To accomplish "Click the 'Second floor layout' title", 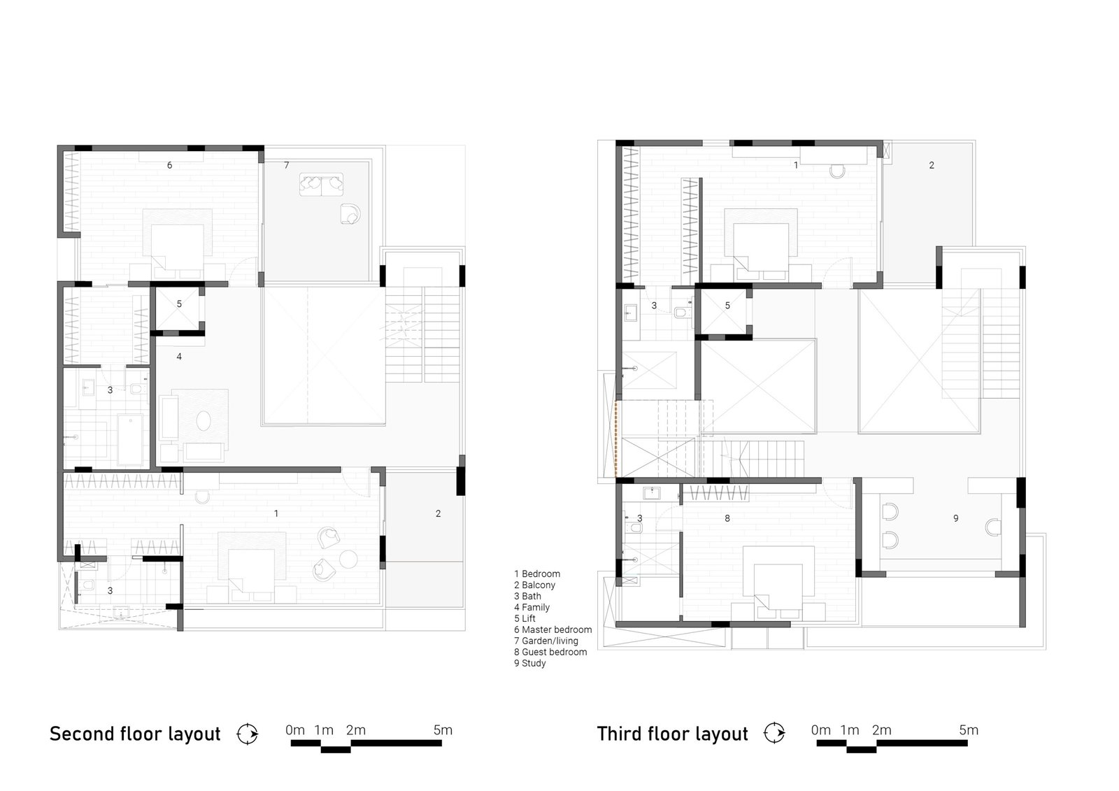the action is (135, 734).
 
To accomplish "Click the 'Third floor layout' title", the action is (672, 734).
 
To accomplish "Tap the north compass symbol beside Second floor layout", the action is (248, 734).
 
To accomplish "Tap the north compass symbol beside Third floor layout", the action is (774, 733).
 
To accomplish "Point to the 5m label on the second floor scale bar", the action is (443, 730).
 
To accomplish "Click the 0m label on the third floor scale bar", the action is (821, 730).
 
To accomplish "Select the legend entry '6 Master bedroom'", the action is (553, 629).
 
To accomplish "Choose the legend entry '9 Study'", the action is (530, 663).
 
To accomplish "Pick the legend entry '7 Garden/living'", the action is (546, 641).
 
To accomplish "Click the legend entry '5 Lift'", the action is (525, 619).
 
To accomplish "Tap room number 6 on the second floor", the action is (170, 165).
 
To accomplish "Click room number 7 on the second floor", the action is (286, 165).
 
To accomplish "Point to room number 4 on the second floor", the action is (179, 357).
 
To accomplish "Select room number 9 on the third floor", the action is (955, 519).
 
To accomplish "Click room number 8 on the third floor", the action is (727, 519).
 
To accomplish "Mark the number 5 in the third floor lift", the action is (727, 306).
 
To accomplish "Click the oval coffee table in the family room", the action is (204, 421).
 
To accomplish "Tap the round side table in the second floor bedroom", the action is (348, 559).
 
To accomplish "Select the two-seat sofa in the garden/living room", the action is (322, 185).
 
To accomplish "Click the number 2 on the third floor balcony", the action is (931, 165).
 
